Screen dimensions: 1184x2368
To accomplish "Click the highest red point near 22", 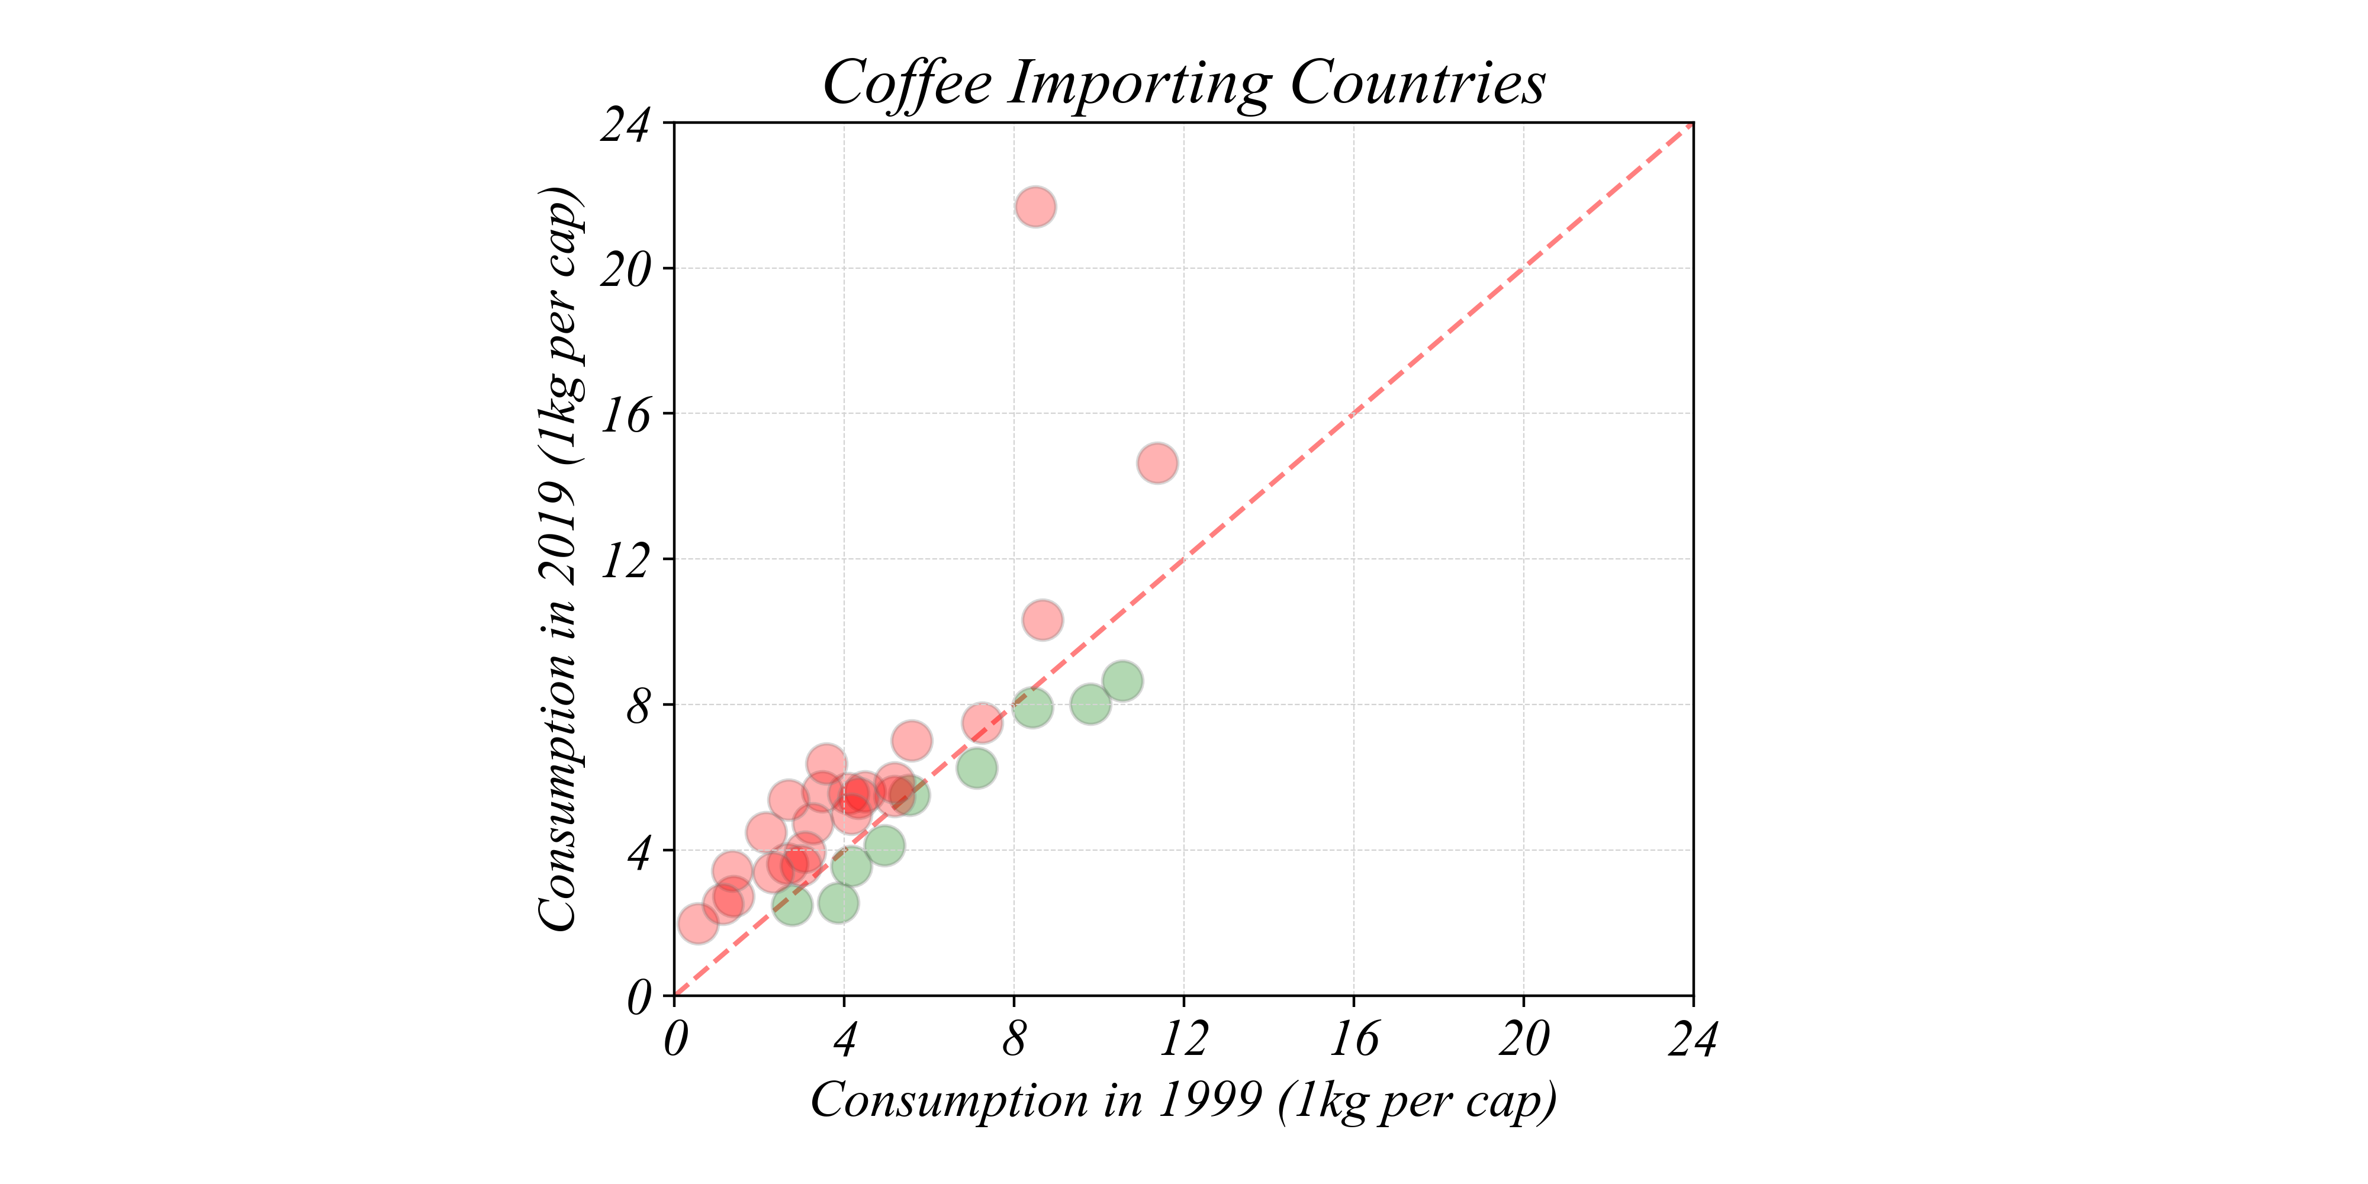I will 1035,207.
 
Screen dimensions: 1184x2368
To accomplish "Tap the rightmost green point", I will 1122,682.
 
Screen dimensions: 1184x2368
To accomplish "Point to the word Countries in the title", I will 1417,83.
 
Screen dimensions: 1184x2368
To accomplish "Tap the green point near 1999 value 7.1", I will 976,768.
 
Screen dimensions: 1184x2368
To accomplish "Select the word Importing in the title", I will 1140,83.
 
